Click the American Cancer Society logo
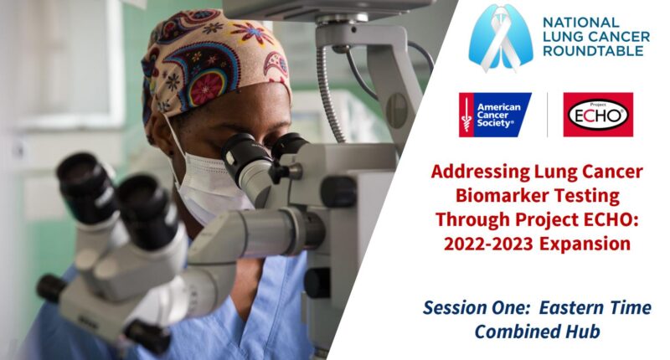[x=494, y=115]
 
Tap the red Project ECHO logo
[x=598, y=115]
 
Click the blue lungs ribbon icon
[x=501, y=38]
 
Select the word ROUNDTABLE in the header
[x=593, y=51]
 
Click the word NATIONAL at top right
[x=580, y=23]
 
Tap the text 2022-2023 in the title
[x=488, y=244]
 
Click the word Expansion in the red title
[x=585, y=244]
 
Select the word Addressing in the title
[x=480, y=172]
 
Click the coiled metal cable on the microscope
[x=330, y=92]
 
